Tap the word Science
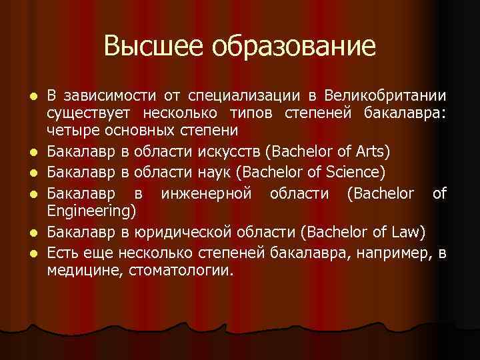click(354, 173)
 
